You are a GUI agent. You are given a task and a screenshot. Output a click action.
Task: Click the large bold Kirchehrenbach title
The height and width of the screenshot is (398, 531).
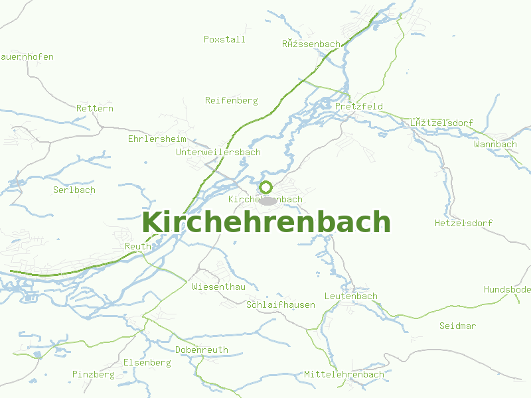(265, 222)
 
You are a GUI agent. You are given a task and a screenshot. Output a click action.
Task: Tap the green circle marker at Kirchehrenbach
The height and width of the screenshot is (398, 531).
(265, 187)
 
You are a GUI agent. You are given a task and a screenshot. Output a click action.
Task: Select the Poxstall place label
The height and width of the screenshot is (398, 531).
(224, 39)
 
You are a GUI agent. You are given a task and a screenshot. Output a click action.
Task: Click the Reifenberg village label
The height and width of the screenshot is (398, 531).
(231, 100)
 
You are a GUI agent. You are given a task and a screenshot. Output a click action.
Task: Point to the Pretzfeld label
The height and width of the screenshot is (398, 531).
(359, 106)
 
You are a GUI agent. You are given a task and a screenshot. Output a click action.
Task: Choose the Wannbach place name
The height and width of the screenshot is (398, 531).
(495, 144)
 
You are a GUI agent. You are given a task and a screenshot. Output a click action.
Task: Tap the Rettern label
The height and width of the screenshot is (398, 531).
(95, 108)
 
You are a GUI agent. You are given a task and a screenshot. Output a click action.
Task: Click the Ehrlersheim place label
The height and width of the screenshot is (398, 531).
(157, 139)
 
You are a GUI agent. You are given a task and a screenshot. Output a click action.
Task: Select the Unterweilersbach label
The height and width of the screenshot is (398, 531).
(218, 152)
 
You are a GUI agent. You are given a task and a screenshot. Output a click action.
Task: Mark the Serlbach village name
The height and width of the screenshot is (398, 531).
(74, 190)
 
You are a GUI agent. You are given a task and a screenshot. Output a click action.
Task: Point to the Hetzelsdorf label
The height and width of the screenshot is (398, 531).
(463, 223)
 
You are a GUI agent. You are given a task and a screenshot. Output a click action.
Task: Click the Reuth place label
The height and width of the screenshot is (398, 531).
(138, 246)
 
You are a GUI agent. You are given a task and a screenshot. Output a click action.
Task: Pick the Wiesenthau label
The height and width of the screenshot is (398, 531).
(218, 287)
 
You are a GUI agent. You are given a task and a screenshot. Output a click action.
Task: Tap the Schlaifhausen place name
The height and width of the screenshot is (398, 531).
(281, 304)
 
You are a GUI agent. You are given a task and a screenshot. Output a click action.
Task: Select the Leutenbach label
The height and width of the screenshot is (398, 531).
(351, 296)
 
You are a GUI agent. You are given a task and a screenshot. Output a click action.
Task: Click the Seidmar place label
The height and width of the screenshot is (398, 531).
(458, 326)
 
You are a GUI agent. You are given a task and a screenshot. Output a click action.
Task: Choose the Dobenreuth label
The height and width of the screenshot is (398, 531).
(202, 350)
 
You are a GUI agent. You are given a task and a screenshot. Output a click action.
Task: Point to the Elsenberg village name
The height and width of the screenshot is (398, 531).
(147, 362)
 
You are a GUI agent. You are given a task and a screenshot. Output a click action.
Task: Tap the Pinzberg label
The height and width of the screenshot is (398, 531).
(94, 374)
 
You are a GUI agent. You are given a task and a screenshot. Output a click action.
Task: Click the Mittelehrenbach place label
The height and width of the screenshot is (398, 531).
(344, 374)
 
